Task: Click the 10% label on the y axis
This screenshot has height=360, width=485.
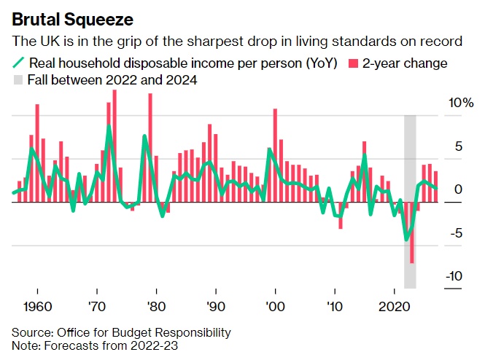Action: tap(461, 103)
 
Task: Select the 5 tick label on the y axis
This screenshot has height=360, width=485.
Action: tap(459, 146)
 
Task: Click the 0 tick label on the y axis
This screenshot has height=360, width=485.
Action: tap(459, 189)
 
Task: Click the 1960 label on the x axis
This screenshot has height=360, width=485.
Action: tap(36, 306)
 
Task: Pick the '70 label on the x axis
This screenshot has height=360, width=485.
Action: tap(96, 306)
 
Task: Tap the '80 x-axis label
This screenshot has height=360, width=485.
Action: tap(155, 306)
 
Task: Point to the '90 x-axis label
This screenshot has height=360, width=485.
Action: tap(215, 306)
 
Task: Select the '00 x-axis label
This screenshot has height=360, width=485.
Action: tap(275, 306)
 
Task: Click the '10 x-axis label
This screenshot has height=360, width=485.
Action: tap(334, 306)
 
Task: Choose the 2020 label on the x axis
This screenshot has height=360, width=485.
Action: tap(394, 306)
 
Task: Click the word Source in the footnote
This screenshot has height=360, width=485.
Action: tap(31, 332)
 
